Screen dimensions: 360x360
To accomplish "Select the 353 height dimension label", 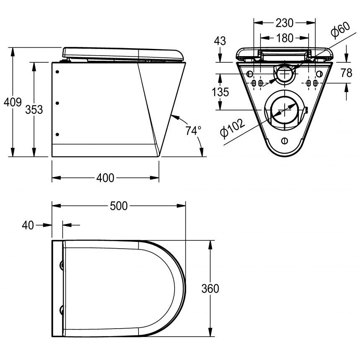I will click(34, 110).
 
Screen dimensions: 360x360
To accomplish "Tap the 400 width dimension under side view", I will click(105, 178).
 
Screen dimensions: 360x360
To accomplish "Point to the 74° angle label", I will click(193, 131).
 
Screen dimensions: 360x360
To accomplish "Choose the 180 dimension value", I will click(285, 38).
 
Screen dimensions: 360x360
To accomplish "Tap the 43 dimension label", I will click(220, 41).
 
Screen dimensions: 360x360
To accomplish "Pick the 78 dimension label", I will click(346, 73).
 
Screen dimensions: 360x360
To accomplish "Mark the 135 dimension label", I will click(220, 92).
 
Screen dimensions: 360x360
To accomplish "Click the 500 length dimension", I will click(118, 206).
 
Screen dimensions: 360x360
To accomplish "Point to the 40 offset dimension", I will click(28, 225).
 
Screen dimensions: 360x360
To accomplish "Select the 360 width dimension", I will click(210, 288).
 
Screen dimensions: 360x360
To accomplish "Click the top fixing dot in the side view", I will click(57, 72).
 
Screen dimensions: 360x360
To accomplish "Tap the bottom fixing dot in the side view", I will click(57, 134).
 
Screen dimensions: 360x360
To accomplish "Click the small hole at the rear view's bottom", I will click(285, 140).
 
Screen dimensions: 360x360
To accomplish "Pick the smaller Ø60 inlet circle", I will click(285, 74).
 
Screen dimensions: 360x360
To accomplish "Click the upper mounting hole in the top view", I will click(62, 265).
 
